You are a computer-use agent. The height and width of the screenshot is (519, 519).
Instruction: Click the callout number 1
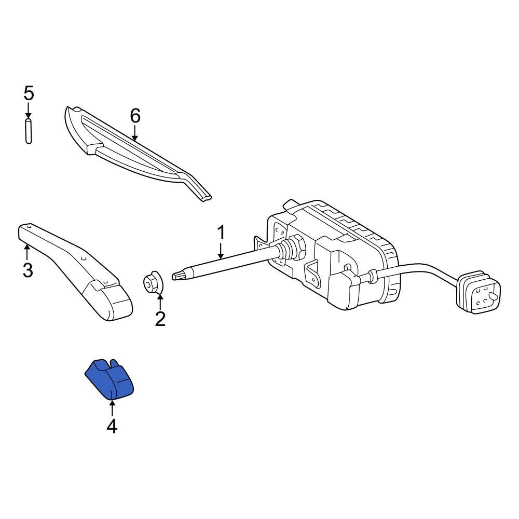[x=221, y=233]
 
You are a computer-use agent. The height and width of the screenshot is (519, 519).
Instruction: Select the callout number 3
[x=28, y=270]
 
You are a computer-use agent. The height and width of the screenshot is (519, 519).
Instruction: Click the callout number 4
[x=112, y=426]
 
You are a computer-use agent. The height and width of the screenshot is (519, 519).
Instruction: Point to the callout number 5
[x=29, y=93]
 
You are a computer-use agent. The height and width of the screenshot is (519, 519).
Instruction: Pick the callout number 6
[x=135, y=116]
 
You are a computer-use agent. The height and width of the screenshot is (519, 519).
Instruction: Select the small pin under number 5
[x=29, y=131]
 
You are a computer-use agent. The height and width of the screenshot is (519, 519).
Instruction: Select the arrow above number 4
[x=112, y=407]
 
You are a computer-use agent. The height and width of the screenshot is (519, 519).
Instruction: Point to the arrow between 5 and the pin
[x=29, y=111]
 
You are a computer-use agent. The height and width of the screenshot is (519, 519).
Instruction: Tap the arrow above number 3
[x=28, y=252]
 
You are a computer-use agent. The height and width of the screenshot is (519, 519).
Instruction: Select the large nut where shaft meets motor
[x=297, y=246]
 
